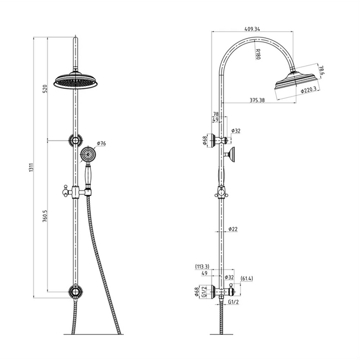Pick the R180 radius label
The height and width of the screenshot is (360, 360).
257,55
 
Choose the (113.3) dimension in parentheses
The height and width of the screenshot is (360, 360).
202,267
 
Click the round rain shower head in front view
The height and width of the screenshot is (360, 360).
75,81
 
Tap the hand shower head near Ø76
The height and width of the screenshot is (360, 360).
87,153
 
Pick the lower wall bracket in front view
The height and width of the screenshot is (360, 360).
75,291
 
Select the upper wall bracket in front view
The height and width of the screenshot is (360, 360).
75,140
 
